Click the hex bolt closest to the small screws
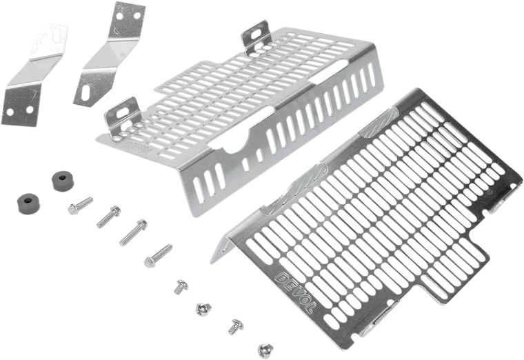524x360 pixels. [x=157, y=254]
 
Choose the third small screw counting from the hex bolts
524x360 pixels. [x=235, y=323]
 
